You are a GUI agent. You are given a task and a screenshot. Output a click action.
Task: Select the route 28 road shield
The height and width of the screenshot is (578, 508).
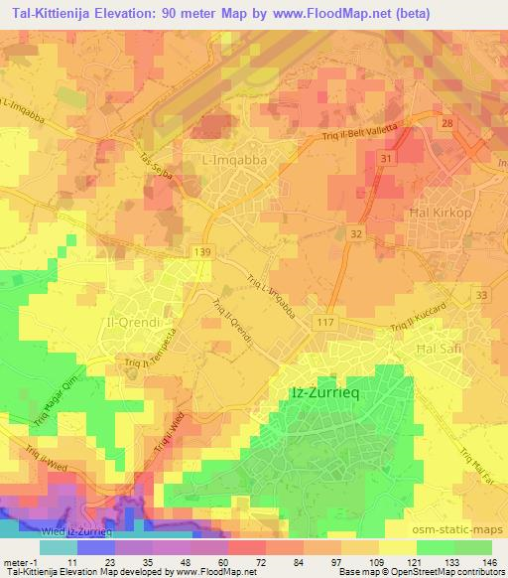tap(447, 122)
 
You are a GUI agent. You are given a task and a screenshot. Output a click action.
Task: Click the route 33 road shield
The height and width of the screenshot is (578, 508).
tap(482, 296)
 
